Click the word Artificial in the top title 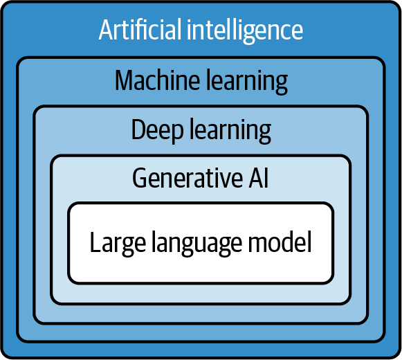click(x=140, y=30)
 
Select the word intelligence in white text click(x=245, y=31)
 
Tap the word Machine click(x=157, y=80)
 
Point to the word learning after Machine click(x=247, y=82)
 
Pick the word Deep click(x=158, y=130)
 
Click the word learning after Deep click(x=230, y=131)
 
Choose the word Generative click(x=188, y=177)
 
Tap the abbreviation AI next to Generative click(x=259, y=177)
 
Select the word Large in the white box click(x=118, y=243)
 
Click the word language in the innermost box click(x=197, y=243)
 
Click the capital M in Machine click(x=125, y=80)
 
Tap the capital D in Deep click(x=139, y=129)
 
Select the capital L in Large click(x=96, y=242)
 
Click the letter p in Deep click(x=177, y=134)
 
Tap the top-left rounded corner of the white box click(x=71, y=206)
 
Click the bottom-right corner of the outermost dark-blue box click(x=399, y=356)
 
